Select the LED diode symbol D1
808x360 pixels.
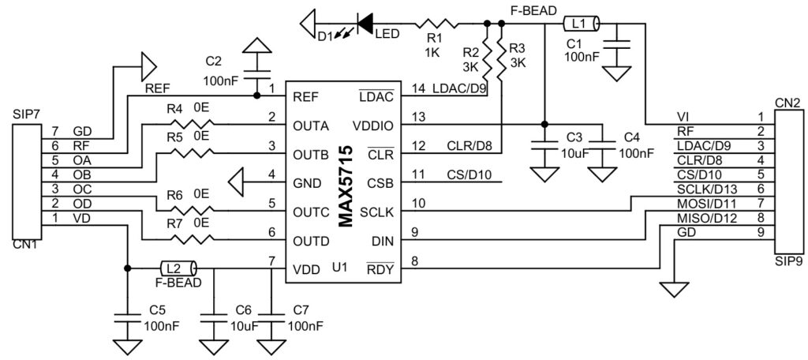(365, 24)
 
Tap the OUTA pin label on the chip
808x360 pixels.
(312, 125)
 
